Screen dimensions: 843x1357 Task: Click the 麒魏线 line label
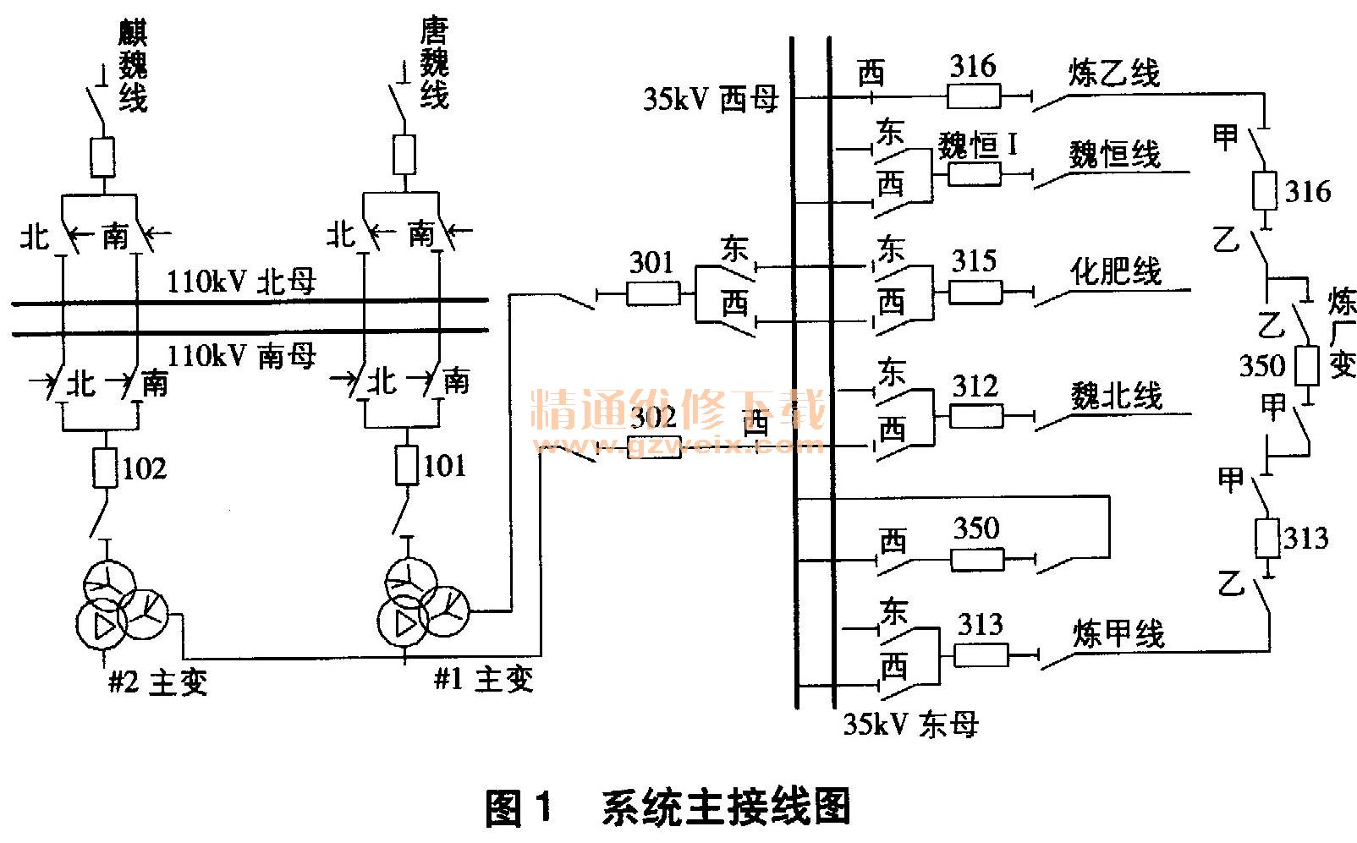point(133,68)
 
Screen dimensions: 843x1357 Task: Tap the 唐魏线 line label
point(434,64)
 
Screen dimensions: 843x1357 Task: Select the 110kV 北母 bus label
point(241,281)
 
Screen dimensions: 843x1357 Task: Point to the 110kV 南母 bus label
point(242,356)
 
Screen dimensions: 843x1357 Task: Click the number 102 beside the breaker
point(145,468)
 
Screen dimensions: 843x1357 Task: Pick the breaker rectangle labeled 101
point(407,466)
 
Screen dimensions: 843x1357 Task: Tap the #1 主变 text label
point(483,679)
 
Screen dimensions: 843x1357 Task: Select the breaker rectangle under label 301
point(652,293)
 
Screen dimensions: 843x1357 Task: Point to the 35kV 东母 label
point(910,724)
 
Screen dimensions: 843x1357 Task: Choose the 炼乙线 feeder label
point(1113,74)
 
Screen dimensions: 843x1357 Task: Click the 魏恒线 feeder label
point(1114,155)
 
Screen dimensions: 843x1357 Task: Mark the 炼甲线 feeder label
point(1118,633)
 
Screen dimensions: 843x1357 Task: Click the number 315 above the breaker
point(974,260)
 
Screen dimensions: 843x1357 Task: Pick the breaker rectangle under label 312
point(976,416)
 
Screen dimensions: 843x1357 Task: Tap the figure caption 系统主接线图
point(726,807)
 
